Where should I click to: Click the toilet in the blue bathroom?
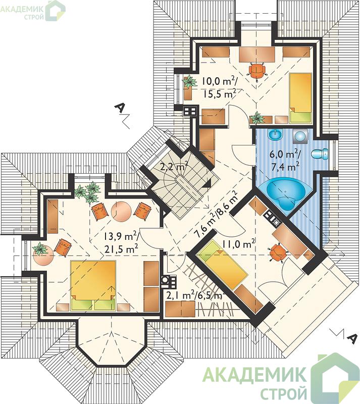(x=320, y=155)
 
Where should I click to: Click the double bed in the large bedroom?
(x=93, y=285)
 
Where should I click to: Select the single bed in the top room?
(x=301, y=98)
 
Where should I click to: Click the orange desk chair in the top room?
(x=257, y=70)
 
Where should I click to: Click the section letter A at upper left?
(x=120, y=108)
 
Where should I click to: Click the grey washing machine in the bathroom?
(x=299, y=136)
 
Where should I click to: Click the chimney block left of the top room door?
(x=190, y=111)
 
